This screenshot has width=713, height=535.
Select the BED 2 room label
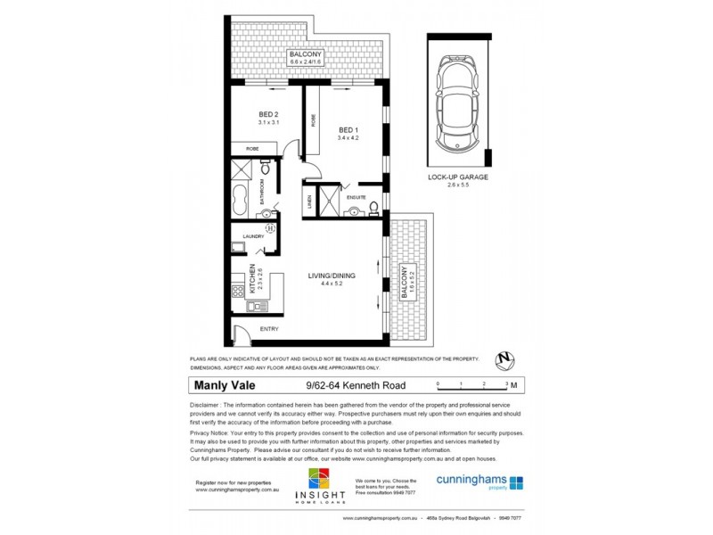[x=269, y=113]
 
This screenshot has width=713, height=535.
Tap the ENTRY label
[x=268, y=329]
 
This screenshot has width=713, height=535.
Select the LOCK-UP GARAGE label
[x=457, y=177]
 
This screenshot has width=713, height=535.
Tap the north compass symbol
[x=506, y=360]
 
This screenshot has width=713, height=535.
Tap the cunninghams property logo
[x=479, y=481]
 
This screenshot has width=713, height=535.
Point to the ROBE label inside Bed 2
[x=251, y=149]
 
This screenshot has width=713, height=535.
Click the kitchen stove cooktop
[x=238, y=291]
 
